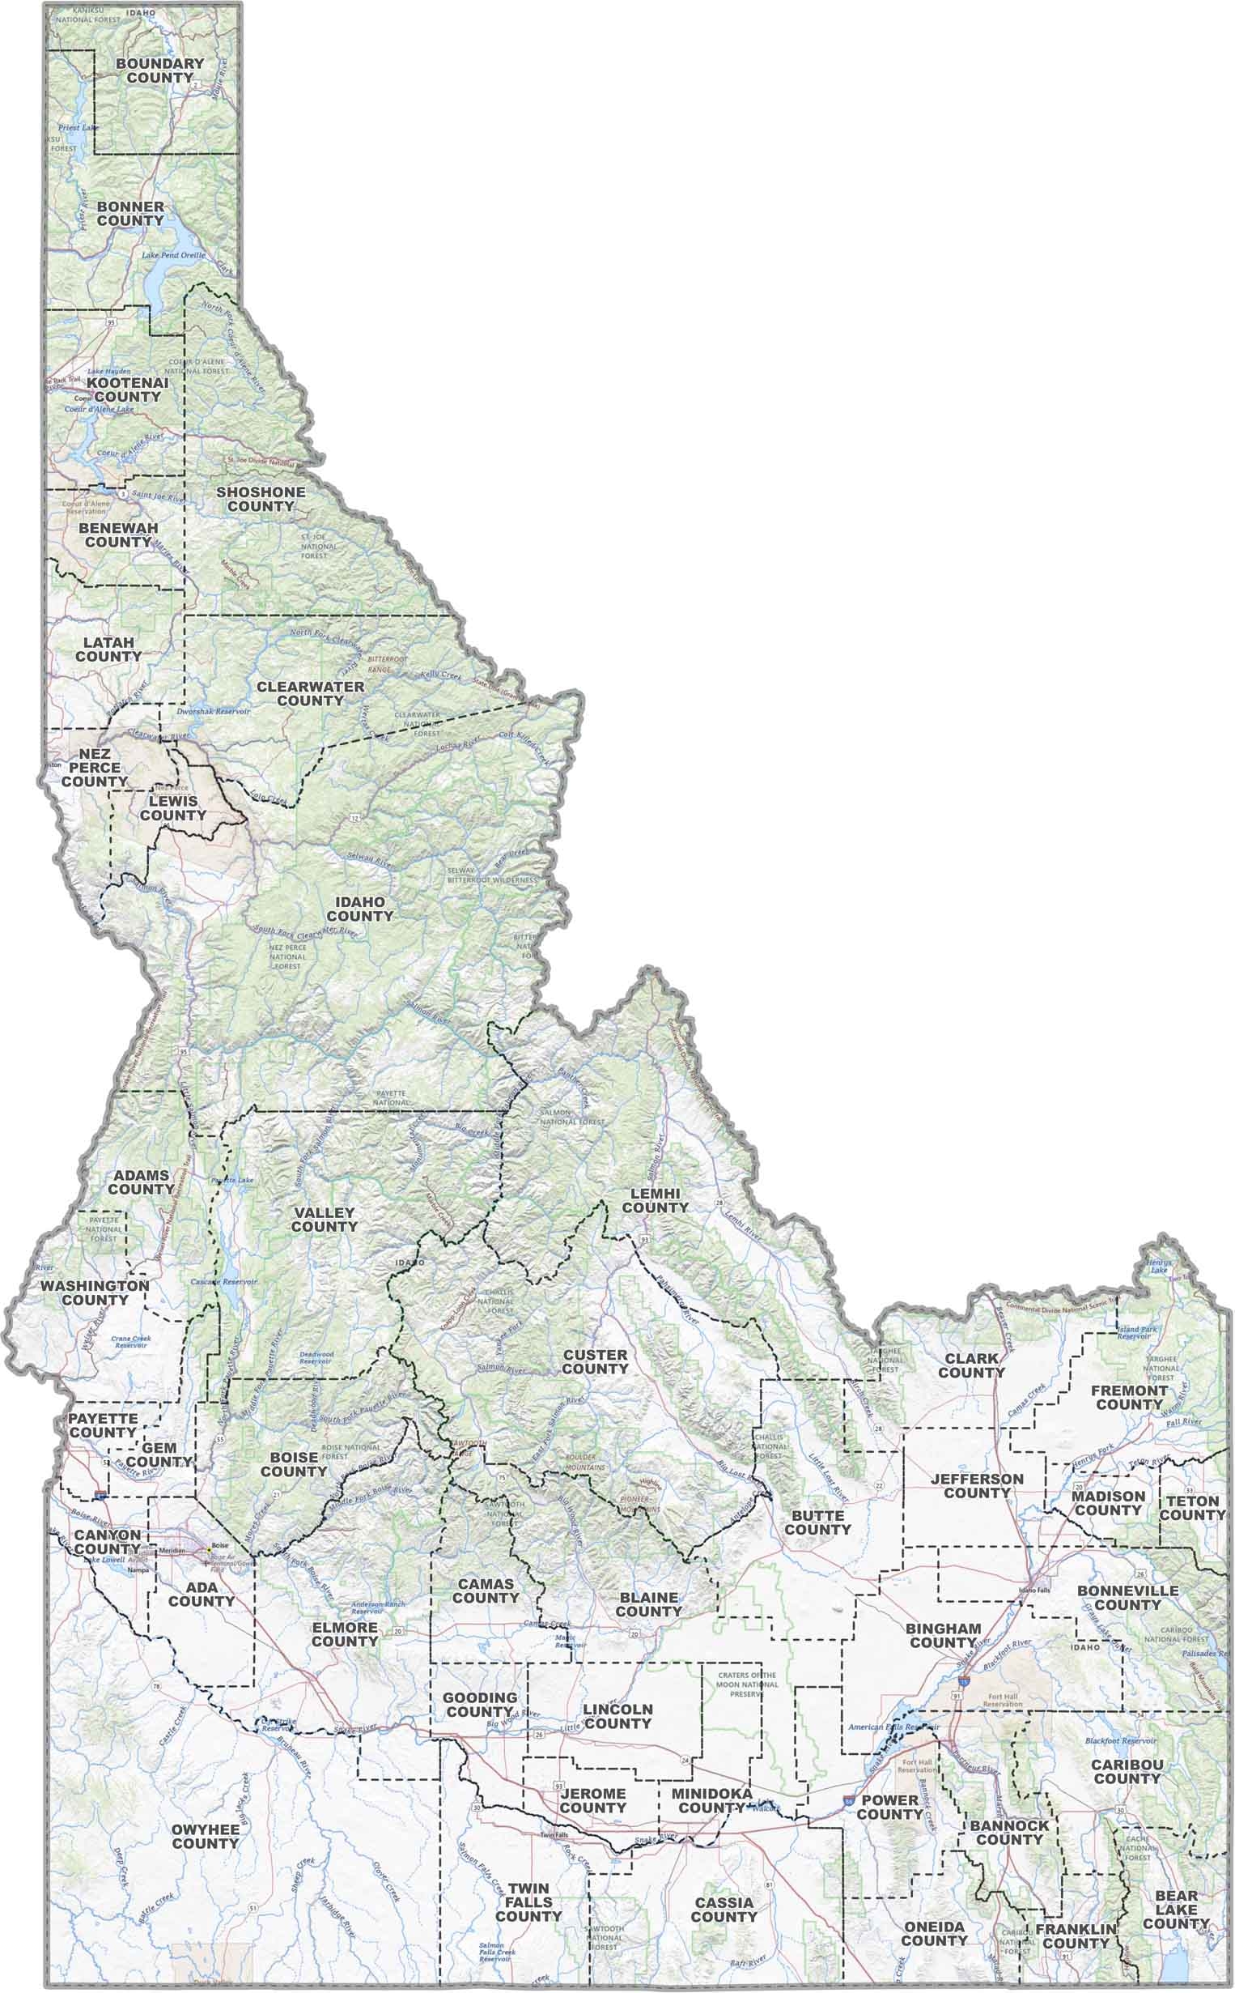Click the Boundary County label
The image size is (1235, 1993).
point(159,70)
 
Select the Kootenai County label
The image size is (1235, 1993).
point(127,389)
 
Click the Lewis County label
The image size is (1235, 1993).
point(173,808)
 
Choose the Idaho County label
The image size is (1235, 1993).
point(359,908)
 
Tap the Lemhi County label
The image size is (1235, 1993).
point(655,1200)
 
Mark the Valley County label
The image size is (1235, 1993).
point(325,1219)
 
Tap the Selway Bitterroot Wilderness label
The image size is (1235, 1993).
point(493,875)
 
